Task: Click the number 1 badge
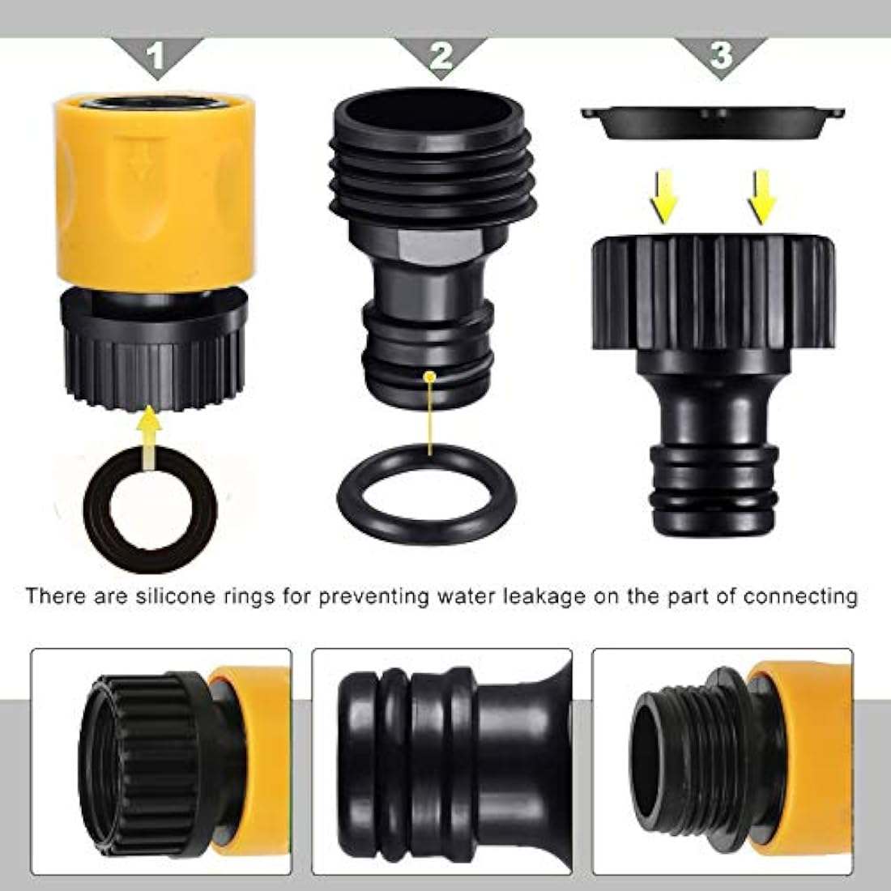[156, 56]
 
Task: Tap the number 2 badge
[440, 56]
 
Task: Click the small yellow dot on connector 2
[430, 376]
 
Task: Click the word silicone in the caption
[188, 597]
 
